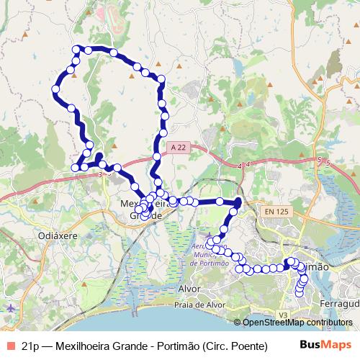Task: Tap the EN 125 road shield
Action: [276, 211]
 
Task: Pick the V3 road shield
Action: [283, 315]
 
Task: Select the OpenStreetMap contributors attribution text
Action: [297, 323]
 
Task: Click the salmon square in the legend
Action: [9, 345]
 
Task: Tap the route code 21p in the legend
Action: [31, 345]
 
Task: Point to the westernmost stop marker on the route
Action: [55, 89]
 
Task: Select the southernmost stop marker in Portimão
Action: [299, 292]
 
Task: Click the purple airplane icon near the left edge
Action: [9, 307]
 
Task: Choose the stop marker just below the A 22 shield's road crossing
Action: [156, 157]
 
